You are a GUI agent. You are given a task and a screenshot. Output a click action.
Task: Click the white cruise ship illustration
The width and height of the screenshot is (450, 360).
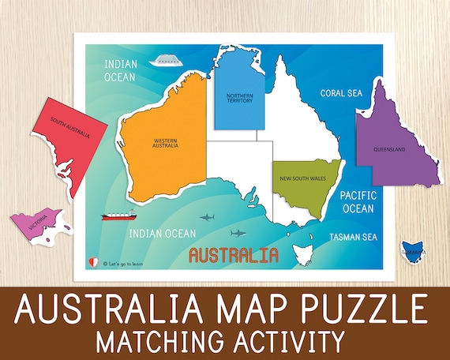tap(166, 61)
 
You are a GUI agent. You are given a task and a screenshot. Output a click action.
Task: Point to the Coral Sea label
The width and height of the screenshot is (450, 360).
tap(341, 93)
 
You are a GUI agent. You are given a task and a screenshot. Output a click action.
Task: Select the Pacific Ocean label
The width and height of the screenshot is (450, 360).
tap(357, 202)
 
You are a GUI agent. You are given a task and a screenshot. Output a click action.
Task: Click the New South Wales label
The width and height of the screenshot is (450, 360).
tap(302, 179)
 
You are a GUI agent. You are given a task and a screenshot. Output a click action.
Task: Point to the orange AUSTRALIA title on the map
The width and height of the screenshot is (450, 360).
tap(234, 255)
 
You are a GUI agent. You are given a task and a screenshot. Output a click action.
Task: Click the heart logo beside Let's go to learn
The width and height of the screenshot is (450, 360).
tap(95, 261)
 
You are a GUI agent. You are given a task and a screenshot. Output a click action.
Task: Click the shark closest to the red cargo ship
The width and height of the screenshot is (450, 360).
tap(208, 217)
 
